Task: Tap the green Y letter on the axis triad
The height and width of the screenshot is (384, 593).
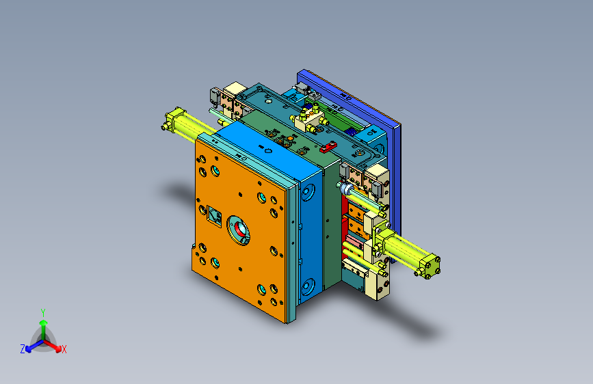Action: point(43,313)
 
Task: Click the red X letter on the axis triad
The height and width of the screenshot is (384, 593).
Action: point(64,349)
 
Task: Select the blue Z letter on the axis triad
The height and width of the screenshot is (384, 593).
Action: point(23,349)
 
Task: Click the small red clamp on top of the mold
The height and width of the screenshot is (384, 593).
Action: point(328,147)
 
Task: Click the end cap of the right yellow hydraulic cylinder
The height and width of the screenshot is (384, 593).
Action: point(428,266)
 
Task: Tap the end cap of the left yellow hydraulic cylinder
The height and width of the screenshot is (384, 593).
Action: point(174,120)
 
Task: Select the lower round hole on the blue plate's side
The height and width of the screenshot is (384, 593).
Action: point(308,287)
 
